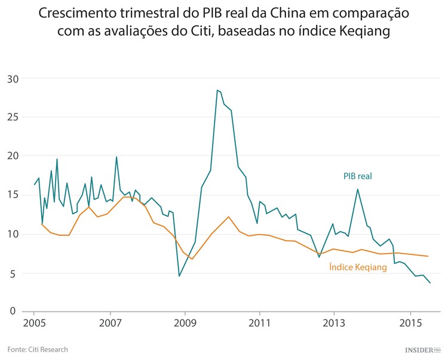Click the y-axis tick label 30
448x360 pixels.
[x=13, y=79]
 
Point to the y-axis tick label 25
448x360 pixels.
[x=13, y=118]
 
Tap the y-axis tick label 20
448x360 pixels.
[x=13, y=156]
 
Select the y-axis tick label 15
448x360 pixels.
[x=13, y=195]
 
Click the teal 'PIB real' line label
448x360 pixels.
[x=357, y=176]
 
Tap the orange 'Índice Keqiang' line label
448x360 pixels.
[x=358, y=267]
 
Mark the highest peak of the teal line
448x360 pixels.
[x=218, y=90]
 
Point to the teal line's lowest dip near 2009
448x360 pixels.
[x=179, y=276]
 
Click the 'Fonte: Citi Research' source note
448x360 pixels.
[x=38, y=349]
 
